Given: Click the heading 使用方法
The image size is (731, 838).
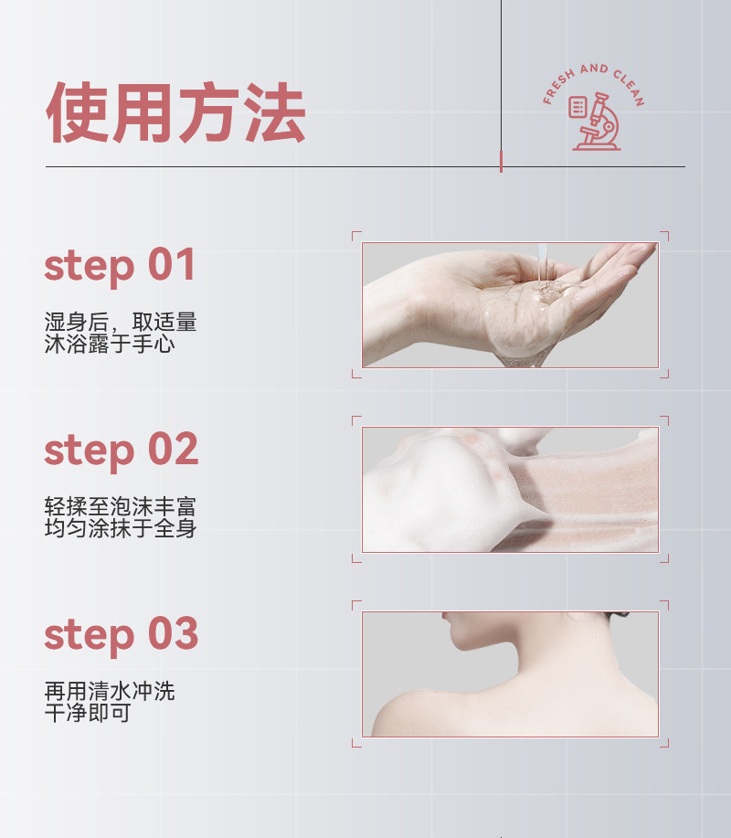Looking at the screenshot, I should pyautogui.click(x=175, y=112).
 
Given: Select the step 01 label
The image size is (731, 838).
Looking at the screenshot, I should pyautogui.click(x=120, y=265).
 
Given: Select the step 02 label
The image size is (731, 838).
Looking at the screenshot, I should pyautogui.click(x=121, y=450).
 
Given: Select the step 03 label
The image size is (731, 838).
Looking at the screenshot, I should pyautogui.click(x=121, y=634).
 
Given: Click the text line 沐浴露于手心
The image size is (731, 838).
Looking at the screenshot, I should pyautogui.click(x=110, y=345).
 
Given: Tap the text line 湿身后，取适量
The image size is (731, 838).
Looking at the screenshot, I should pyautogui.click(x=121, y=323).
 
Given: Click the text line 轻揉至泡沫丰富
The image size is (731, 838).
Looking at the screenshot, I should pyautogui.click(x=121, y=506).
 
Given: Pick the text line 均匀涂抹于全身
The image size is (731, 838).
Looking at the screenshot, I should pyautogui.click(x=121, y=528).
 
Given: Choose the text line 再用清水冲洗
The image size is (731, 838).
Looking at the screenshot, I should pyautogui.click(x=110, y=691).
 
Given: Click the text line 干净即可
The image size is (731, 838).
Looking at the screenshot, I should pyautogui.click(x=88, y=713).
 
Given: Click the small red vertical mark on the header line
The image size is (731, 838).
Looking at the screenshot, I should pyautogui.click(x=501, y=162).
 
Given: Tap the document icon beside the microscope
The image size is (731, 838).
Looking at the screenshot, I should pyautogui.click(x=577, y=107).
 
